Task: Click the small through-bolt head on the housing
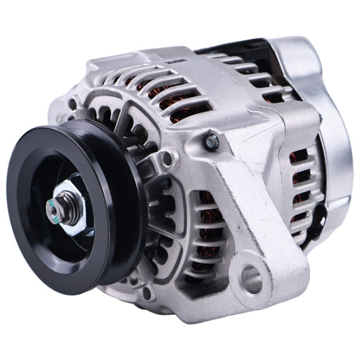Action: tap(212, 142)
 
